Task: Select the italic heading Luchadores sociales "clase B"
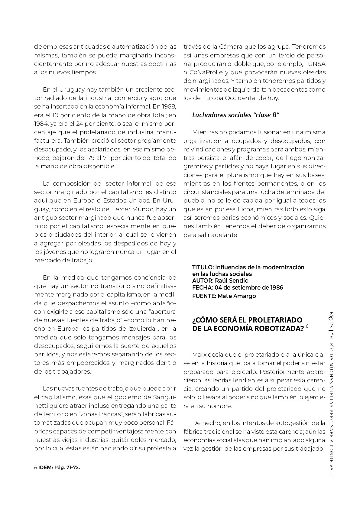tap(235, 115)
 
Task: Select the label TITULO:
tap(203, 267)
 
